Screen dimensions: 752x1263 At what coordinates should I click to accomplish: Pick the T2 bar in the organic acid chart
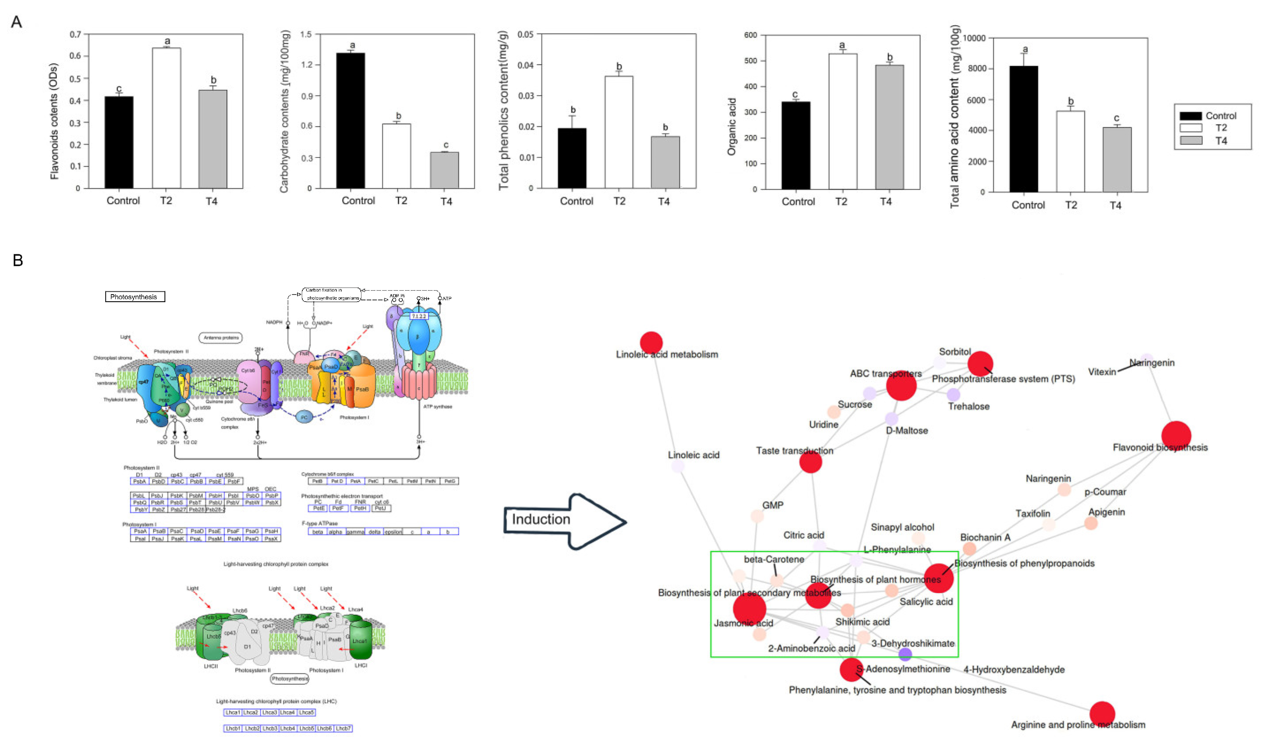[842, 122]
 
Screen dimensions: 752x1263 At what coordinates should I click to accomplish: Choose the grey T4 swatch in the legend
[1191, 140]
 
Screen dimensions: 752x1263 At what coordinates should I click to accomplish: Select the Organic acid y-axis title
[731, 126]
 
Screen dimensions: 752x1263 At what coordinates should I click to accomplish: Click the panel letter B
[18, 261]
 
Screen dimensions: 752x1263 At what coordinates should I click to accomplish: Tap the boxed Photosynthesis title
[135, 297]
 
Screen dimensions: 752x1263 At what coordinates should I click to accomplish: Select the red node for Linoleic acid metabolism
[651, 342]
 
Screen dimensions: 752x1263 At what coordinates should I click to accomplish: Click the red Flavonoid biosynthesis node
[1176, 435]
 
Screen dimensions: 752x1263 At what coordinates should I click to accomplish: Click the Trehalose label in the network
[968, 407]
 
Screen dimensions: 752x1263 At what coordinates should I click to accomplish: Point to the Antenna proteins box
[220, 338]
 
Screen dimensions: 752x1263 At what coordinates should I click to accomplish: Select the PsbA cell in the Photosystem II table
[139, 481]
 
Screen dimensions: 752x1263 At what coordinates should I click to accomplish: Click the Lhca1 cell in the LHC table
[233, 713]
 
